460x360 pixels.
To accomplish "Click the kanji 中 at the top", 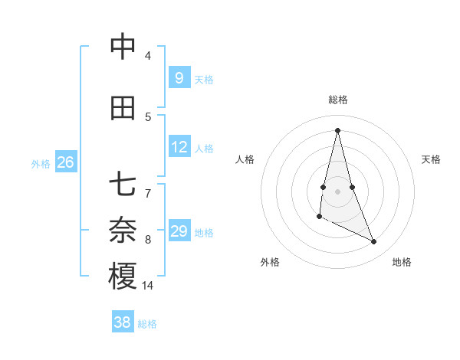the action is tap(123, 47).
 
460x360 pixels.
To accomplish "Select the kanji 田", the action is tap(123, 108).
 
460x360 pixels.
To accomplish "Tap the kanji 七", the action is tap(123, 185).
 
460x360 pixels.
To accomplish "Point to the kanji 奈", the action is tap(123, 230).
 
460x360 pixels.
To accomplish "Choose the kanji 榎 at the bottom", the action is tap(123, 277).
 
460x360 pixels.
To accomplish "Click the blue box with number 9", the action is tap(179, 77).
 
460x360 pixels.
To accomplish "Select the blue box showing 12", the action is tap(179, 147).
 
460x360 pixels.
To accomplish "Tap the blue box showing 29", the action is tap(179, 231).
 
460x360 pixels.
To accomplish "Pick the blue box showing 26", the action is tap(65, 162).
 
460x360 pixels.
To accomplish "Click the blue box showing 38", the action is tap(122, 322).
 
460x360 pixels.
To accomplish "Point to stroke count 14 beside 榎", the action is tap(148, 285).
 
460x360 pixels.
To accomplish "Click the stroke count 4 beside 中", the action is tap(148, 56).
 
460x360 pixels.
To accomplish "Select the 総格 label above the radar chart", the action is tap(337, 100).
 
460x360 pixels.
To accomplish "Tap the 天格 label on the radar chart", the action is tap(432, 159).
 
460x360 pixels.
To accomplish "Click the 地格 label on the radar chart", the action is tap(402, 262).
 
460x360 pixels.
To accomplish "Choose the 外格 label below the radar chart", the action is tap(270, 262).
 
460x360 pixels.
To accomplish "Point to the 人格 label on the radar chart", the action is tap(245, 159).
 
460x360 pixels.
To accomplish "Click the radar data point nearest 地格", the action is tap(374, 241).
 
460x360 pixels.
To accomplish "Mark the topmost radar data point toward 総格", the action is tap(337, 130).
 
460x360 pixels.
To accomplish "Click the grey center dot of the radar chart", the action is tap(337, 191).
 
